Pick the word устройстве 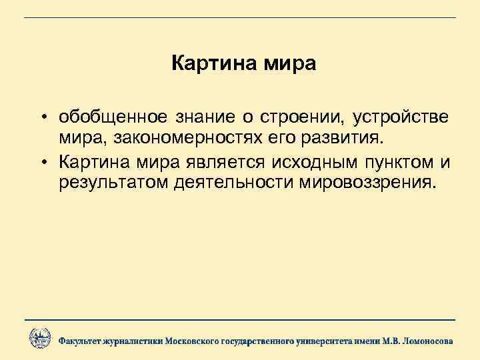point(400,118)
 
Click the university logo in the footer point(39,339)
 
